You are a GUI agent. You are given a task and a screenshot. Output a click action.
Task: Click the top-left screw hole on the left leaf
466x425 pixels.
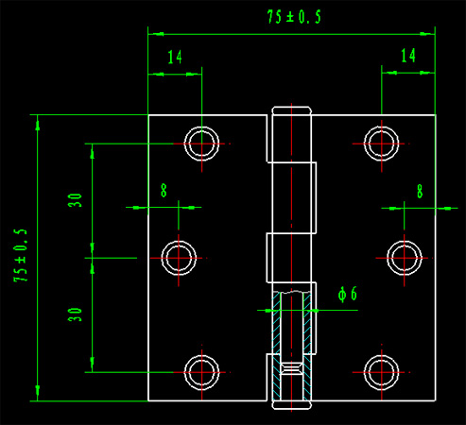tap(201, 127)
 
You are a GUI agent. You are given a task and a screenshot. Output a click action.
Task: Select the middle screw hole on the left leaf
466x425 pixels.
tap(179, 241)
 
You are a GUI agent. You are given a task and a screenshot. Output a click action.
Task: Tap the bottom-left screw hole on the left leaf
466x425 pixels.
tap(201, 355)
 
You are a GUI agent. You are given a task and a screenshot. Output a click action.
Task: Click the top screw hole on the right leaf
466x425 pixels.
tap(381, 127)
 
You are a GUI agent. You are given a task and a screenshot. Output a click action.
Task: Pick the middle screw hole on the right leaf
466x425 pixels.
tap(405, 241)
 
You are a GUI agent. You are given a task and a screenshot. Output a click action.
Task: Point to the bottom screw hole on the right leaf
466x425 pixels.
tap(381, 355)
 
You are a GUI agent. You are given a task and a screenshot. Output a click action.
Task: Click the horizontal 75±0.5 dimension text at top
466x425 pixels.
tap(294, 17)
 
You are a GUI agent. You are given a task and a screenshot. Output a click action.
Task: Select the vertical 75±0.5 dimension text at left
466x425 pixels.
tap(21, 255)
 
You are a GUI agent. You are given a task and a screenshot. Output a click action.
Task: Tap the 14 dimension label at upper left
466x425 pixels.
tap(175, 57)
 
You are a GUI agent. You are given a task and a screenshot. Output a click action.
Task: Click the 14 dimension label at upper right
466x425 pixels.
tap(408, 56)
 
